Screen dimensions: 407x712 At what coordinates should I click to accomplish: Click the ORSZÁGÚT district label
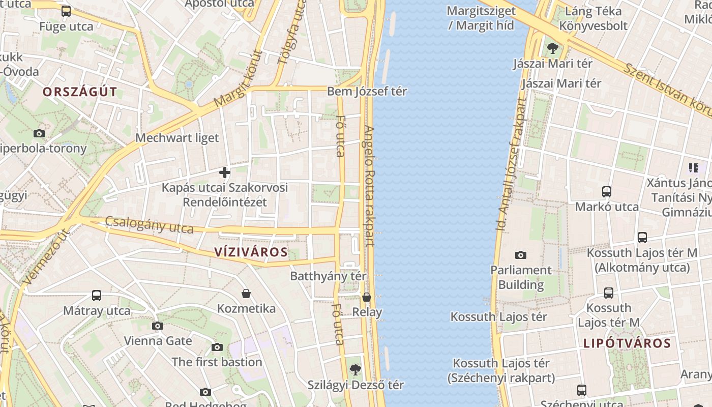pyautogui.click(x=80, y=92)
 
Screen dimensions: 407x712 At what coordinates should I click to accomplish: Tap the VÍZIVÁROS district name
pyautogui.click(x=251, y=252)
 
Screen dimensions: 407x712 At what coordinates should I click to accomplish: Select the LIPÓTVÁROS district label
pyautogui.click(x=627, y=343)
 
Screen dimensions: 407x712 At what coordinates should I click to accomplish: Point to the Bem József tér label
pyautogui.click(x=367, y=92)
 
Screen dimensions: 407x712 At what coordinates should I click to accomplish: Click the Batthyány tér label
pyautogui.click(x=328, y=276)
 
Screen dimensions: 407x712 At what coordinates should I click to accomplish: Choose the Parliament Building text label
pyautogui.click(x=521, y=277)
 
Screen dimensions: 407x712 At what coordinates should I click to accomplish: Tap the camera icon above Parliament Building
pyautogui.click(x=521, y=255)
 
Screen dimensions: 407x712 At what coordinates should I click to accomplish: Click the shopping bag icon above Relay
pyautogui.click(x=367, y=297)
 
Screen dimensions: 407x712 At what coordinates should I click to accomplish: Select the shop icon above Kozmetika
pyautogui.click(x=246, y=294)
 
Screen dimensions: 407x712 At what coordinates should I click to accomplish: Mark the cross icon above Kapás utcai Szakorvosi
pyautogui.click(x=224, y=172)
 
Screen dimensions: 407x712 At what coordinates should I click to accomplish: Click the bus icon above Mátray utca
pyautogui.click(x=97, y=296)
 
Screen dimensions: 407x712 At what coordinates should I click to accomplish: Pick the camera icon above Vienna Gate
pyautogui.click(x=158, y=326)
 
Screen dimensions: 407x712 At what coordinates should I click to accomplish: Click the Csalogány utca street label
pyautogui.click(x=149, y=225)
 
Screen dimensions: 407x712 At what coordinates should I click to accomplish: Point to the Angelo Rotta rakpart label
pyautogui.click(x=369, y=186)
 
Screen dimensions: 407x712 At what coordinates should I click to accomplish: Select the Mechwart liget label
pyautogui.click(x=177, y=138)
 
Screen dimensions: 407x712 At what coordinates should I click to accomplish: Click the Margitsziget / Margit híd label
pyautogui.click(x=481, y=18)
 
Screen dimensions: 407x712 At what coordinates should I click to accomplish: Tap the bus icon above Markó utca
pyautogui.click(x=606, y=192)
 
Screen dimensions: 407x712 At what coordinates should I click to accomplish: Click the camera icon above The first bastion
pyautogui.click(x=217, y=347)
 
